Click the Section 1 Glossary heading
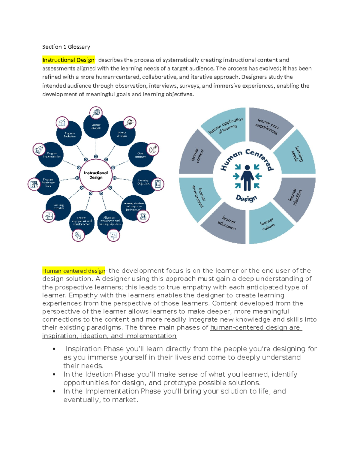tap(66, 47)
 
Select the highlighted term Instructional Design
tap(68, 60)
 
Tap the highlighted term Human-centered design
tap(73, 271)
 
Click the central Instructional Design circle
tap(96, 175)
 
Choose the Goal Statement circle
tap(140, 155)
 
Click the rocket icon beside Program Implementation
tap(39, 149)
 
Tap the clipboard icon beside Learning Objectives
tap(158, 184)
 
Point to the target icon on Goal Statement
tap(153, 149)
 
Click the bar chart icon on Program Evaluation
tap(62, 122)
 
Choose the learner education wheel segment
tap(227, 224)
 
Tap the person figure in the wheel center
tap(247, 178)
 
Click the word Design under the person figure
tap(246, 198)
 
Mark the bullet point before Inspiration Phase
tap(54, 349)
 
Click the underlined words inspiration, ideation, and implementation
tap(109, 336)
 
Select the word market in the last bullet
tap(124, 400)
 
